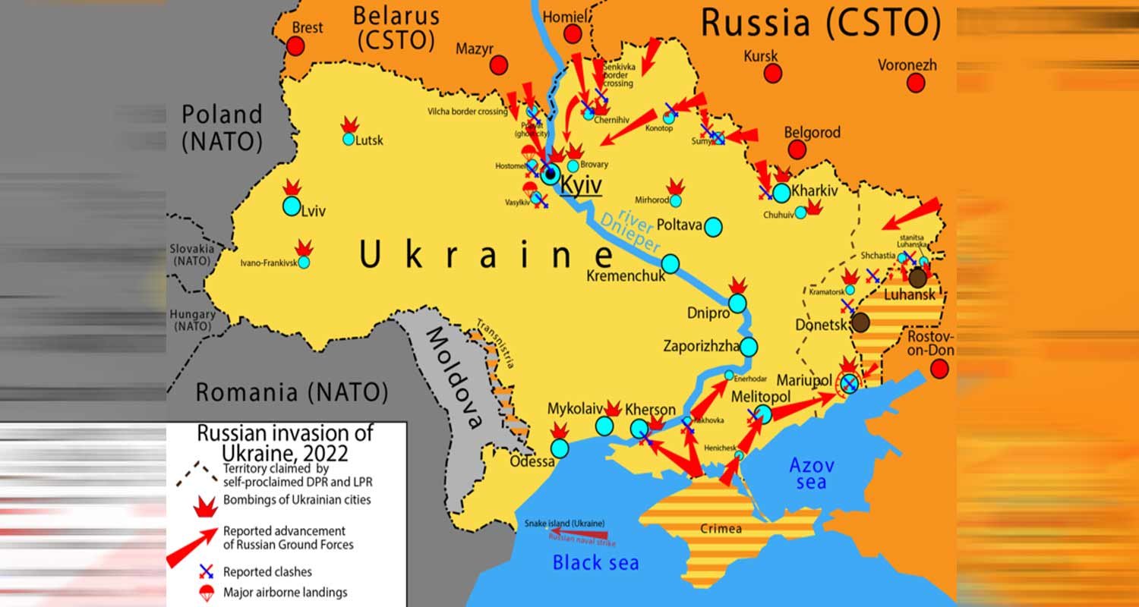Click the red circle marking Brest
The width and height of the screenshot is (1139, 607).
pos(295,46)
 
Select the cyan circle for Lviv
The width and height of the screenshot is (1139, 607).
pos(292,206)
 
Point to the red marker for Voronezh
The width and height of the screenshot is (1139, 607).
pos(916,83)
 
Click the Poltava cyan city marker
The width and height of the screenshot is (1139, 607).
pos(713,226)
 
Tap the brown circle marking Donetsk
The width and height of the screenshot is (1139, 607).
pos(860,322)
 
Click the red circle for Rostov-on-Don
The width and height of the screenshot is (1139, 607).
pos(940,369)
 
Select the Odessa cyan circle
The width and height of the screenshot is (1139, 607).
pos(559,448)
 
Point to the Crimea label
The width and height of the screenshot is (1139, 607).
pos(721,529)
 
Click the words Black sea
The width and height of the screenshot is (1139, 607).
pos(595,562)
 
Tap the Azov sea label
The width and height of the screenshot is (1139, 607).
pos(811,473)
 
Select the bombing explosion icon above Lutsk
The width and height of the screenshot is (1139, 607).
pos(349,124)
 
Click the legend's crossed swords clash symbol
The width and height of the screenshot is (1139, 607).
pos(206,571)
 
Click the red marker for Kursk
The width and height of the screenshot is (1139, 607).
pos(773,74)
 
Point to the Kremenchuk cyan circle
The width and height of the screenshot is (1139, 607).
pos(670,263)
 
